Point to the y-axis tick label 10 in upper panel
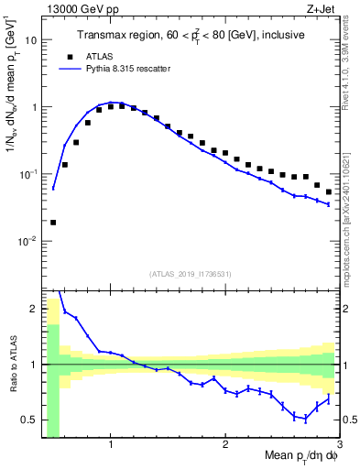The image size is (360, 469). [x=30, y=40]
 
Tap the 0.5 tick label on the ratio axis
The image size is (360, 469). [x=27, y=420]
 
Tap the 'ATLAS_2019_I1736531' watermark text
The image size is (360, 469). [x=190, y=274]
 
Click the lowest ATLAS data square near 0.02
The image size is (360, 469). [x=53, y=222]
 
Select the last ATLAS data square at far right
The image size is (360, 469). [x=329, y=191]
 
